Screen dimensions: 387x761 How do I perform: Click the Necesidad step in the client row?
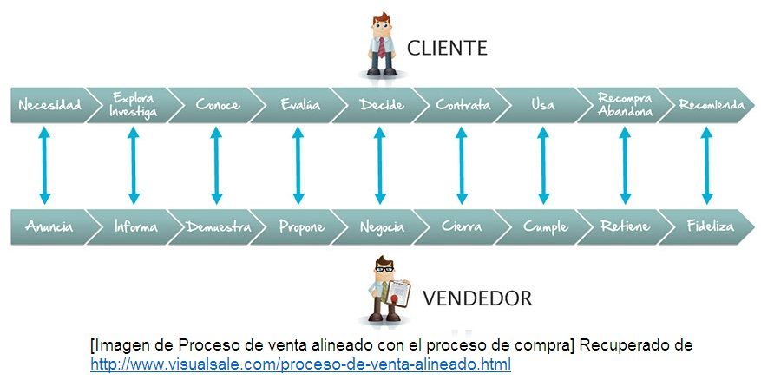(x=50, y=105)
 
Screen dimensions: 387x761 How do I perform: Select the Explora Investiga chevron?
(x=134, y=105)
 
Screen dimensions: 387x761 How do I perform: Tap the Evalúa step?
(x=300, y=105)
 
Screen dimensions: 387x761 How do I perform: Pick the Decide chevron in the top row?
(x=381, y=105)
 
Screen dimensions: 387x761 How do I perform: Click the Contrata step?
(x=463, y=105)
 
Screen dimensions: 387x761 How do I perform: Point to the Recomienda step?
(x=711, y=105)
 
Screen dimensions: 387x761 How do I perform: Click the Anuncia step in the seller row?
(x=49, y=227)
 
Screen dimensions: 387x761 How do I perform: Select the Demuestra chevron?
(x=219, y=227)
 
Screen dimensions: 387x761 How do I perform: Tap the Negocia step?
(x=382, y=227)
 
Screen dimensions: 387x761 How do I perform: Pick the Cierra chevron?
(x=463, y=227)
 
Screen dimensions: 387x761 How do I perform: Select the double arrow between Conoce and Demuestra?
(x=216, y=166)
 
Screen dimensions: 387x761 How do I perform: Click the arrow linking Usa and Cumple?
(x=543, y=166)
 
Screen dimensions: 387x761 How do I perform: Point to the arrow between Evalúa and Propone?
(x=298, y=166)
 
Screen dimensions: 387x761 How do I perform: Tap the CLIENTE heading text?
(x=447, y=47)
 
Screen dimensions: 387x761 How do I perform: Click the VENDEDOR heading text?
(x=476, y=299)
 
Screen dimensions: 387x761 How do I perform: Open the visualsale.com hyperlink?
(x=300, y=364)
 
